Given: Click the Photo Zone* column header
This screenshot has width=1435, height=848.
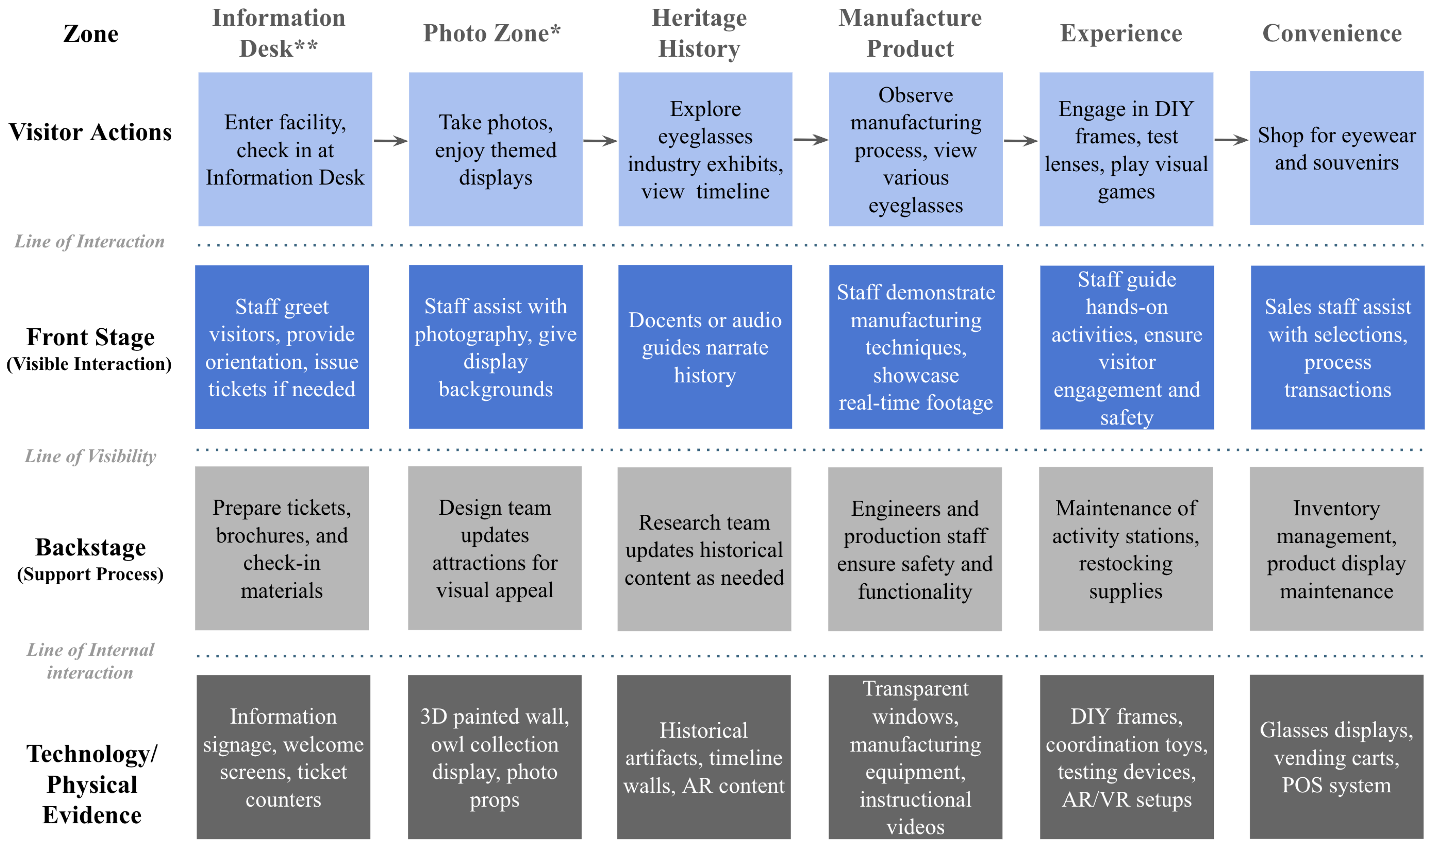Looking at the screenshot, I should point(492,33).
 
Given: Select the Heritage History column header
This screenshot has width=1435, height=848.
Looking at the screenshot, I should point(699,33).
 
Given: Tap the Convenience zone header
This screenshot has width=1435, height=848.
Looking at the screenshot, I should point(1332,33).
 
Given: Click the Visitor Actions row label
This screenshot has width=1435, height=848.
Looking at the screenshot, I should point(90,133).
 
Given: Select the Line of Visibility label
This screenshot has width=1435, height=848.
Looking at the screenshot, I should point(90,456).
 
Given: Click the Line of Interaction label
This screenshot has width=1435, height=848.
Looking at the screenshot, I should point(89,241).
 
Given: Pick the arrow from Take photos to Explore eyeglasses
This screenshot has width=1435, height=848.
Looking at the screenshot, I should point(600,141).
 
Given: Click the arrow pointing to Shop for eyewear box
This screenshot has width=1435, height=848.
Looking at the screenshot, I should point(1231,140).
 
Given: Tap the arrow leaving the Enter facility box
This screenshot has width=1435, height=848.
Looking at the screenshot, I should point(391,141).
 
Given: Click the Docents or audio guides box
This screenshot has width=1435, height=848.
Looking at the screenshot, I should point(705,347).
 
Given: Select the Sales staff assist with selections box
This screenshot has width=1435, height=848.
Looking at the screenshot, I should point(1337,347).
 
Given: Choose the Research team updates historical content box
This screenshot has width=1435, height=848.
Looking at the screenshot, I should point(704,549).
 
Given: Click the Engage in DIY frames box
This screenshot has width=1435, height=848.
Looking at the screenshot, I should point(1126,149).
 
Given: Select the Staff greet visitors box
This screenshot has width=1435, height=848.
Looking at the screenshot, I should point(282,347).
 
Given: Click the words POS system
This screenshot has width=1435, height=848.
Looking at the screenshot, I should point(1336,785).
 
